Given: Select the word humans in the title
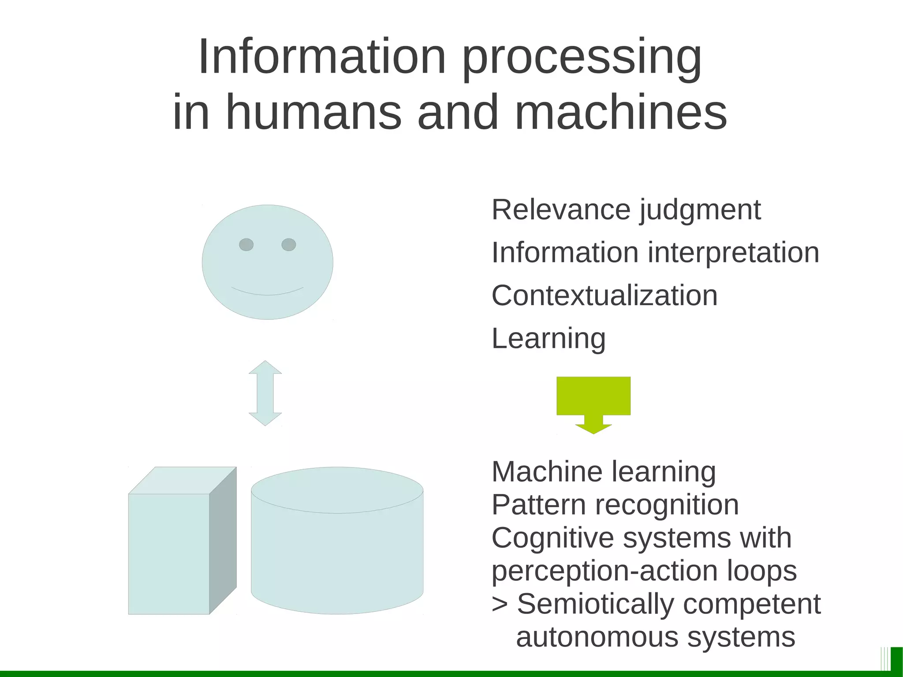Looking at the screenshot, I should tap(313, 112).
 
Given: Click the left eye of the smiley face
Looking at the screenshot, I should tap(246, 244).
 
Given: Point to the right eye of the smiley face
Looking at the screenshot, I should tap(289, 244).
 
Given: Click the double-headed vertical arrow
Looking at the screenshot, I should tap(265, 393).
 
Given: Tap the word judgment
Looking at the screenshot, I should tap(700, 210).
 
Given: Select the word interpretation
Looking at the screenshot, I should tap(733, 253).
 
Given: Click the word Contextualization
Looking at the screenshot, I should tap(604, 295).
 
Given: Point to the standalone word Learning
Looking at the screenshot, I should tap(549, 339).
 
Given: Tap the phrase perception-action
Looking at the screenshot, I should tap(604, 571).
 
